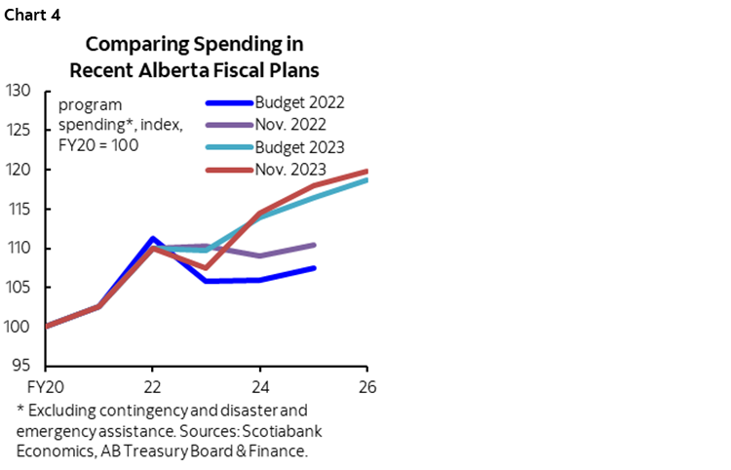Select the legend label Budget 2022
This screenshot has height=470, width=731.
point(299,101)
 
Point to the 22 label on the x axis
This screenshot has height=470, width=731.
point(152,384)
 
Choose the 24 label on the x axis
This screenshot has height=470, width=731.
point(260,384)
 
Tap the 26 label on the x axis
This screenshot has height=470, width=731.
point(366,384)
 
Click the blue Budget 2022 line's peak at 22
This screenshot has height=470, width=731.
point(153,238)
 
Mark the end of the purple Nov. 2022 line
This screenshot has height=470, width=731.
point(314,245)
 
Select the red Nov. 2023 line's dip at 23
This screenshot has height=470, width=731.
point(207,267)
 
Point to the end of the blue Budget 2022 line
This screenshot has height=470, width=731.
point(314,268)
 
